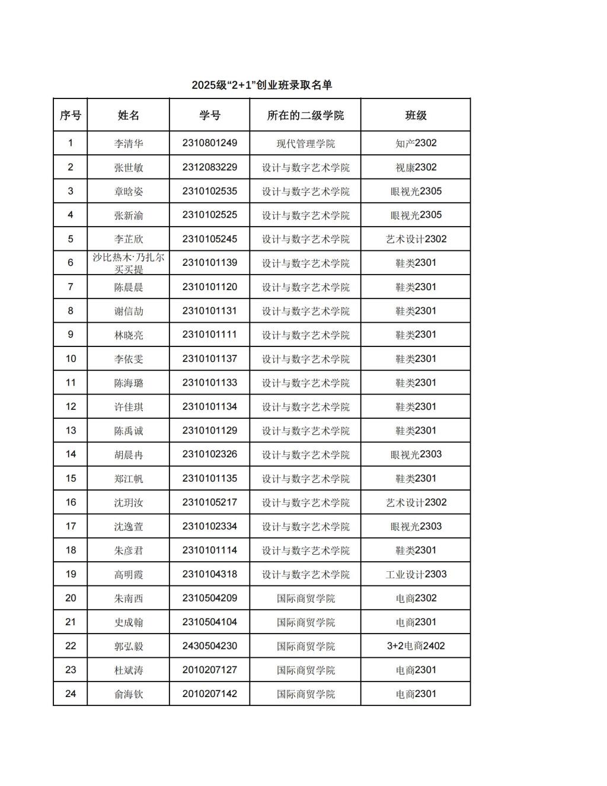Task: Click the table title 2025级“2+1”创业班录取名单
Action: [x=261, y=85]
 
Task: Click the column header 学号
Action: [x=209, y=115]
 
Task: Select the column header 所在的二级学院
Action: [x=305, y=115]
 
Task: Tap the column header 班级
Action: [x=416, y=115]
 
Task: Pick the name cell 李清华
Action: [x=129, y=144]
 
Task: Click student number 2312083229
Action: [x=209, y=167]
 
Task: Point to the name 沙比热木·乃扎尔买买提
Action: [x=129, y=263]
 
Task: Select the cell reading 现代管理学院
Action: [x=305, y=144]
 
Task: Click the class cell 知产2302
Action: [x=416, y=143]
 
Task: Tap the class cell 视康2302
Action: [x=416, y=167]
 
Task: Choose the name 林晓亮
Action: [x=129, y=335]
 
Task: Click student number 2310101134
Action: [x=209, y=406]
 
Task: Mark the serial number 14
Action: [x=71, y=454]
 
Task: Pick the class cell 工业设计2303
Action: [x=416, y=574]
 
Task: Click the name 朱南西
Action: [x=129, y=598]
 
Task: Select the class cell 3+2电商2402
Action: [x=416, y=646]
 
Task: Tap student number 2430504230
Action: [x=209, y=646]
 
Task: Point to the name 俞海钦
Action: [x=129, y=694]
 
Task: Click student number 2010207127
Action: [x=209, y=670]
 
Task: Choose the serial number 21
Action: [x=71, y=622]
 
